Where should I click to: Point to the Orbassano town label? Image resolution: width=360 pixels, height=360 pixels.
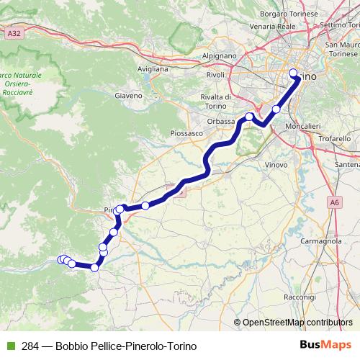click(x=221, y=121)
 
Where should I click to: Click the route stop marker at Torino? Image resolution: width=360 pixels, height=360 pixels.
click(x=293, y=73)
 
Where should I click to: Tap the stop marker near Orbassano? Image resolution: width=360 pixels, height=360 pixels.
click(x=249, y=117)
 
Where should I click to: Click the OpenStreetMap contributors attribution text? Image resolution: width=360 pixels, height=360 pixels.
click(x=297, y=323)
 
